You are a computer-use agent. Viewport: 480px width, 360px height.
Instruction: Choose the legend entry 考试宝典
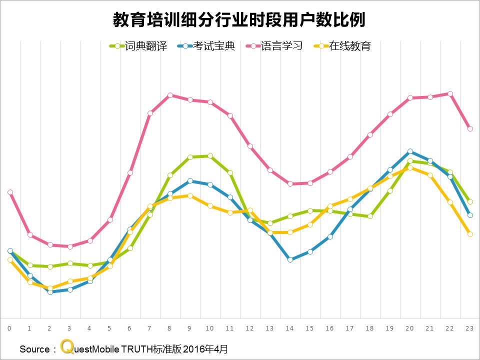pos(213,46)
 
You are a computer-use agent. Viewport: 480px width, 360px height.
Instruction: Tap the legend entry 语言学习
pos(281,46)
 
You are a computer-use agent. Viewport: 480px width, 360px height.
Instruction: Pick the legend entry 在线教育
pos(349,46)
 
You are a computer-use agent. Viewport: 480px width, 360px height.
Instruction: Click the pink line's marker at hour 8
pos(170,95)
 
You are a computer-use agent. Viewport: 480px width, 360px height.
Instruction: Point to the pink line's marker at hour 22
pos(450,93)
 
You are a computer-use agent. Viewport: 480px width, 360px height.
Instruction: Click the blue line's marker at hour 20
pos(410,151)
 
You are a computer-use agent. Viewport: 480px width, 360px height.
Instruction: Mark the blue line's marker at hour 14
pos(290,259)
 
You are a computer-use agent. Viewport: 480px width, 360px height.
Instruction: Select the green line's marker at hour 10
pos(210,155)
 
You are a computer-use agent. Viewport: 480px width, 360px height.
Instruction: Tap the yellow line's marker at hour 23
pos(470,234)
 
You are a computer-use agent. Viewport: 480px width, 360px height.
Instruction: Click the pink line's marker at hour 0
pos(10,192)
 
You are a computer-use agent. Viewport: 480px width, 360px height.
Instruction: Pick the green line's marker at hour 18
pos(370,216)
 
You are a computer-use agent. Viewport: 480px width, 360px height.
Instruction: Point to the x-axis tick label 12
pos(249,328)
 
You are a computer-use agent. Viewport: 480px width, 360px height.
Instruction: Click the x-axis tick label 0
pos(9,328)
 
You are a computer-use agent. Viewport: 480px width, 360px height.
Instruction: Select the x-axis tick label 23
pos(469,328)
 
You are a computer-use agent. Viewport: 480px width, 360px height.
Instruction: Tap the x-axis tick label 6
pos(129,328)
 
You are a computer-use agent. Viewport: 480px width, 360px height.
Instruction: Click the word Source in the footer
pos(34,349)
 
